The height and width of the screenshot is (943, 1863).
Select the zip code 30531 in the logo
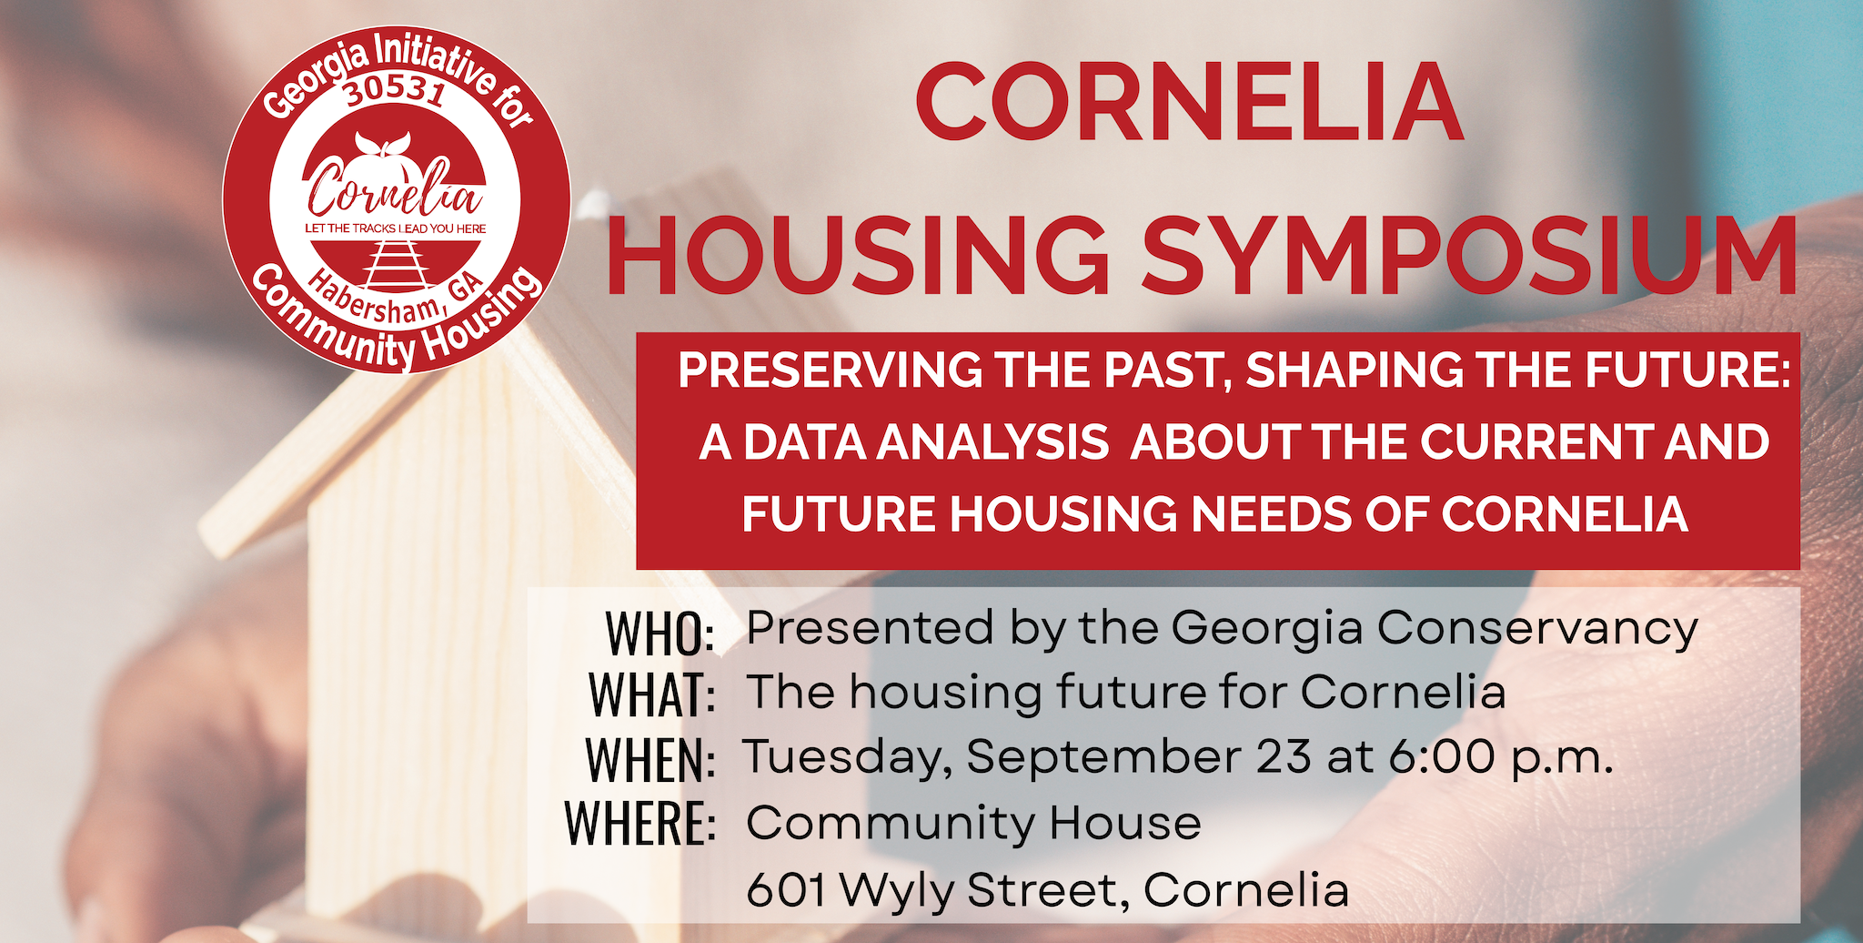[x=395, y=95]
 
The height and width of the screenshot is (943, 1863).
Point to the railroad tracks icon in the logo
[x=395, y=265]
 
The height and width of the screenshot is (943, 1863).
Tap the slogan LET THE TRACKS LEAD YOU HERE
[x=395, y=228]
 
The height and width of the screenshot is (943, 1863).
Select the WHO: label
[x=660, y=634]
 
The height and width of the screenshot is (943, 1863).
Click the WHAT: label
[x=651, y=695]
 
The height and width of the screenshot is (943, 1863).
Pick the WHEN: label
[x=650, y=760]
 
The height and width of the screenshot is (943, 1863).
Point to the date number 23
[x=1284, y=757]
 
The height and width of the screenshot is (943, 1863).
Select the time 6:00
[x=1442, y=757]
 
